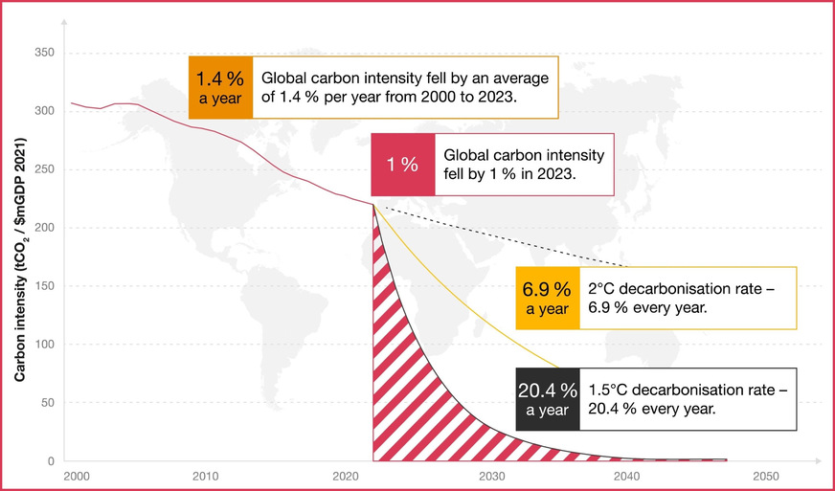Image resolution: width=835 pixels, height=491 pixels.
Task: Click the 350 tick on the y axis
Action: tap(44, 52)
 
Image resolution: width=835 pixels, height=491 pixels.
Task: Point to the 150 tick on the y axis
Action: tap(44, 286)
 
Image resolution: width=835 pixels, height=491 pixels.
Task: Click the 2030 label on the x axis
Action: tap(491, 476)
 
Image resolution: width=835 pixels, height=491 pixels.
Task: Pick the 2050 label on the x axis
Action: tap(765, 476)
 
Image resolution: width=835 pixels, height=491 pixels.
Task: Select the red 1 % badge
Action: tap(402, 165)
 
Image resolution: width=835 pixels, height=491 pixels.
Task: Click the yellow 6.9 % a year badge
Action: tap(548, 298)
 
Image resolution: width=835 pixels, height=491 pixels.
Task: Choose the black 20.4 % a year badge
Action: tap(548, 398)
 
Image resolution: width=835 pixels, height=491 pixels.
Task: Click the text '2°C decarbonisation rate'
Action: tap(674, 288)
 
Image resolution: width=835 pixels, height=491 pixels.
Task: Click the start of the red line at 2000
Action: tap(72, 102)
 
